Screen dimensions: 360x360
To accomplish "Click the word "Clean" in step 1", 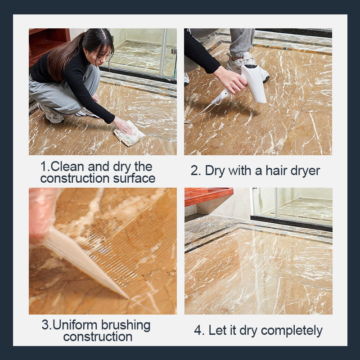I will tap(67, 166).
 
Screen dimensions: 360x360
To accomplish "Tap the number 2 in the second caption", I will tap(194, 171).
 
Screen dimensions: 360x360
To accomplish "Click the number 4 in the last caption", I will tap(198, 330).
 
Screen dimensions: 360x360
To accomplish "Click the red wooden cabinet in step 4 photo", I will tap(208, 196).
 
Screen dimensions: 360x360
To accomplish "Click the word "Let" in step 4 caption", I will tap(219, 330).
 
